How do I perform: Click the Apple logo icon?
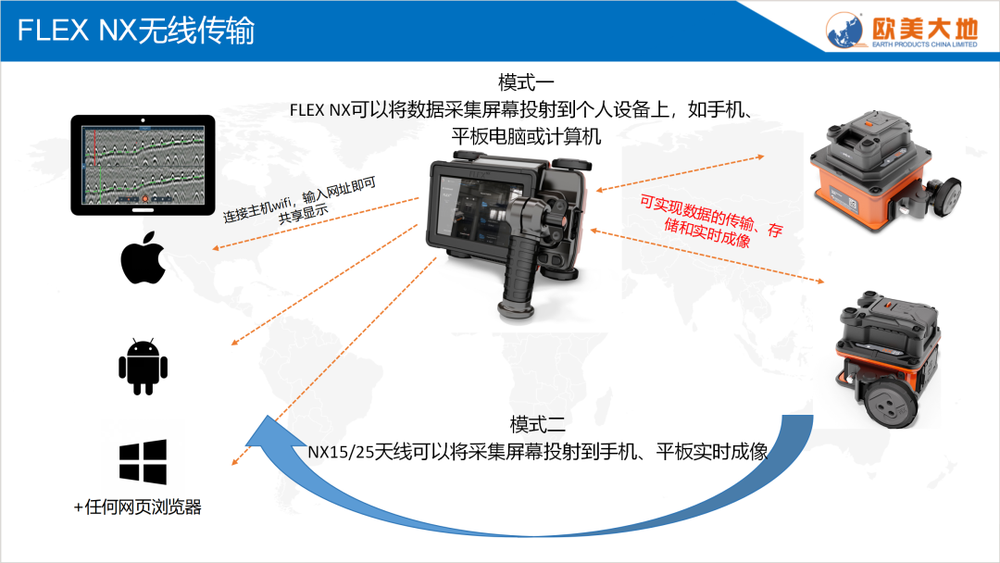143,259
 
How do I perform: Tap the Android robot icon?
143,367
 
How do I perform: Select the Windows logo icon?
143,462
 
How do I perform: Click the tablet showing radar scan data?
143,165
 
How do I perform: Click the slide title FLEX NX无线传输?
136,31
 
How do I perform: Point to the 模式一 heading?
526,82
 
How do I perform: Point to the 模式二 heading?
537,424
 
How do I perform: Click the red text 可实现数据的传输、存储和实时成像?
711,221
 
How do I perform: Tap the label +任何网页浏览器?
138,507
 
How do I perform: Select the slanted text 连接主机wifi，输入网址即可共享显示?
300,202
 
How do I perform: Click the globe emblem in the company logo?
845,30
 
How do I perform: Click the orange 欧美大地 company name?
925,28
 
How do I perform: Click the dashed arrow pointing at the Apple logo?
316,223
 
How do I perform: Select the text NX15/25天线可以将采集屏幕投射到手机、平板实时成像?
538,452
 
